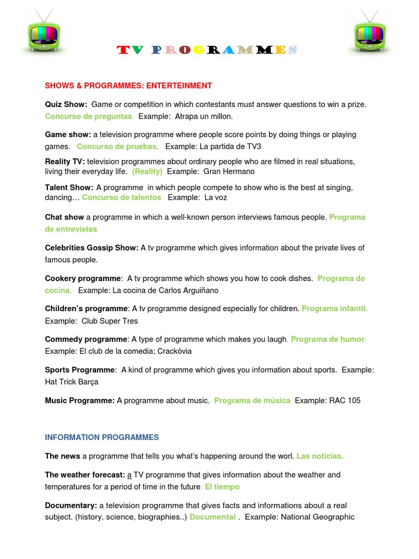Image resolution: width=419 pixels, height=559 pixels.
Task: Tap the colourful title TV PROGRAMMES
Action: (x=207, y=51)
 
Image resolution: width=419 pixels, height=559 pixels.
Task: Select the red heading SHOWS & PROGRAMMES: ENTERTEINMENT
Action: (x=128, y=86)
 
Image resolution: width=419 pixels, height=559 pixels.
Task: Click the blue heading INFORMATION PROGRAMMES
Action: (x=102, y=437)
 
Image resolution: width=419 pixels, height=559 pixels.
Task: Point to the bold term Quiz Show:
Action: (x=66, y=104)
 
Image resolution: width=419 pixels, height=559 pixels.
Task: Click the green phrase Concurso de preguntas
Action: (x=89, y=116)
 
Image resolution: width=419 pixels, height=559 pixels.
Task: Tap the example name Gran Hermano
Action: (x=229, y=171)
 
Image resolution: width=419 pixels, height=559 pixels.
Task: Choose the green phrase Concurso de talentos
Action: (x=122, y=198)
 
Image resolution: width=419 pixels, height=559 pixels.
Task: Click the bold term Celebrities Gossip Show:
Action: (x=92, y=248)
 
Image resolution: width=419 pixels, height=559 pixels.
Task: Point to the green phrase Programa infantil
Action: (x=334, y=309)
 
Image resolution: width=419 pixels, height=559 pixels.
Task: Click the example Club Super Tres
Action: (x=110, y=321)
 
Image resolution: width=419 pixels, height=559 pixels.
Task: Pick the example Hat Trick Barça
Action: (x=71, y=382)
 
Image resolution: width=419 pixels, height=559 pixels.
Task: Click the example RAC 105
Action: (x=345, y=401)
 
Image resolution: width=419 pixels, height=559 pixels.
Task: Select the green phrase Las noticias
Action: (x=320, y=456)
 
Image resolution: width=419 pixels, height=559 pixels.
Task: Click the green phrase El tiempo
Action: (x=222, y=487)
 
